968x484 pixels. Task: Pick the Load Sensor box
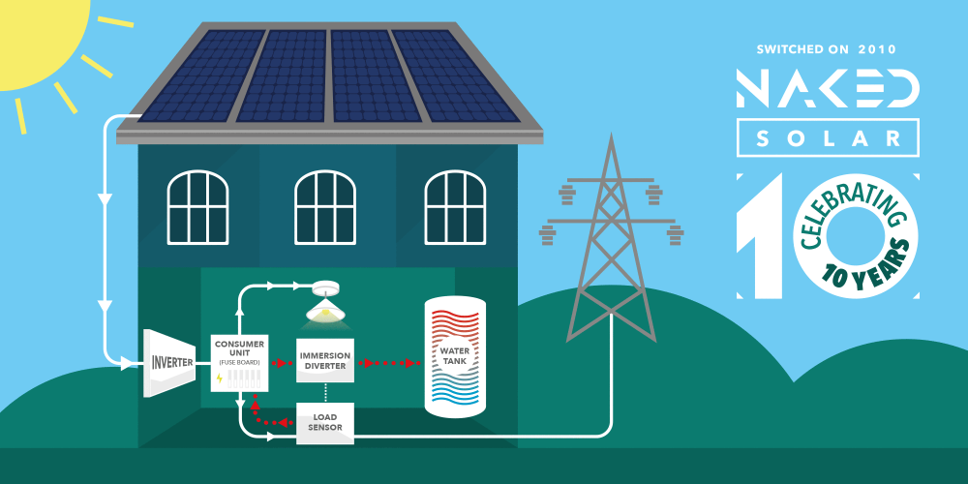[x=325, y=423]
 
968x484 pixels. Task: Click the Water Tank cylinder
[x=455, y=357]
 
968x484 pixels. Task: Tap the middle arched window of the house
[x=326, y=207]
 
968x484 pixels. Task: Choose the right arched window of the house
[x=455, y=207]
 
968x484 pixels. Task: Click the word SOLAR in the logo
[x=828, y=137]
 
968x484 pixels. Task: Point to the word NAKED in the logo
[x=828, y=88]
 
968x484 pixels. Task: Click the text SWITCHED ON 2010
[x=828, y=48]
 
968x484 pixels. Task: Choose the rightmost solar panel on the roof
[x=453, y=76]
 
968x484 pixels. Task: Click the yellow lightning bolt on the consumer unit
[x=220, y=378]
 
